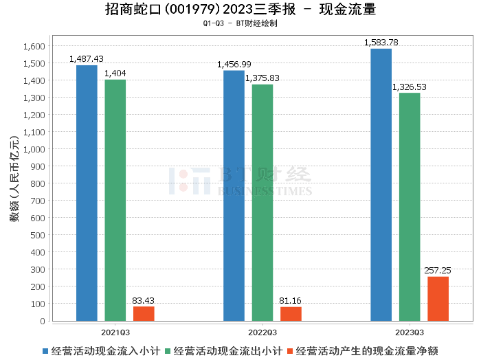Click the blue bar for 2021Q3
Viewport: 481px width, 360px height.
[x=87, y=193]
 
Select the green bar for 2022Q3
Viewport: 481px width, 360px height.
[x=262, y=203]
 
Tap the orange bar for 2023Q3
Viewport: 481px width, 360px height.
[x=438, y=299]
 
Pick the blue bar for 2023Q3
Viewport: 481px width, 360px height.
[x=381, y=185]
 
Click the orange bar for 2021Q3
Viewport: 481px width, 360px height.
[x=144, y=313]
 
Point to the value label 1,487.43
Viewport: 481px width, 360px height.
[x=87, y=59]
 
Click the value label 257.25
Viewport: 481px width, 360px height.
[x=438, y=271]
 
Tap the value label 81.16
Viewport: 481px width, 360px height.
[x=291, y=301]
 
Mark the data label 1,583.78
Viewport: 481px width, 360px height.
[x=381, y=43]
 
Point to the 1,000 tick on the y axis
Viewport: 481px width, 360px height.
[x=34, y=149]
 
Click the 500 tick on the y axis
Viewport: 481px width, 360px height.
[x=37, y=235]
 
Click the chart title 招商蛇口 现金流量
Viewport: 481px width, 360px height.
[x=240, y=10]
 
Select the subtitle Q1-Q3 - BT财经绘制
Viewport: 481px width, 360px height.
[x=240, y=23]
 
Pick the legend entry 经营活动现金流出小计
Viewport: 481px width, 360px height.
[x=223, y=351]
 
